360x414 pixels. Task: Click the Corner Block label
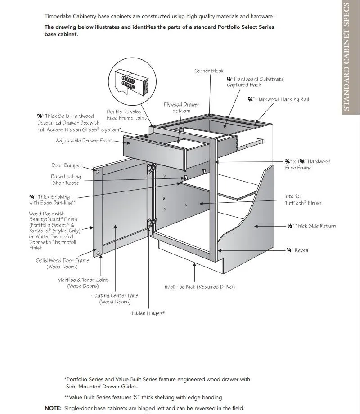coord(209,71)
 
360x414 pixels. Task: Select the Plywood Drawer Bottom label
coord(181,107)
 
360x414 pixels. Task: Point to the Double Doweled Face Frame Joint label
coord(126,115)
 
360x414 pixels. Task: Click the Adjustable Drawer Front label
coord(84,141)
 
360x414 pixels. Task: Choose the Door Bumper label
coord(66,165)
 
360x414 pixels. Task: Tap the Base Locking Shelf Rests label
coord(66,180)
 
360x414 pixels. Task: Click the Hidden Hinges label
coord(147,313)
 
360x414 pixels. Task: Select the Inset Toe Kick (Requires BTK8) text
coord(198,286)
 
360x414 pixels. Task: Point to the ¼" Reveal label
coord(298,250)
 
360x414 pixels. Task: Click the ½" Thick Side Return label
coord(311,226)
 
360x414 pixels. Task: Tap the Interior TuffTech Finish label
coord(302,200)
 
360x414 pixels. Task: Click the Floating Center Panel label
coord(115,298)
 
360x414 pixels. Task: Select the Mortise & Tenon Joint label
coord(83,283)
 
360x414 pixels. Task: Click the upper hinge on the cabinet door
coord(152,168)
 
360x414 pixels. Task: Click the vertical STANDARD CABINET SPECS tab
coord(346,57)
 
